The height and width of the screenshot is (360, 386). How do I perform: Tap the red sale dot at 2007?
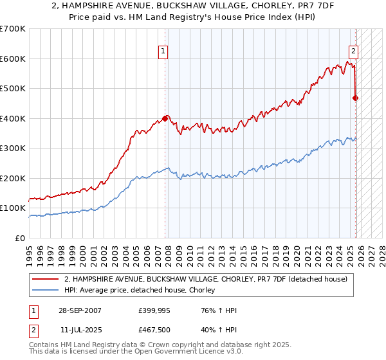pyautogui.click(x=165, y=118)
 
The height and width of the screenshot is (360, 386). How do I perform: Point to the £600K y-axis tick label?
pyautogui.click(x=13, y=59)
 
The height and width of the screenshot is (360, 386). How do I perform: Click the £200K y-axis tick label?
pyautogui.click(x=13, y=178)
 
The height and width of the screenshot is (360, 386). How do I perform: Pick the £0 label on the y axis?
pyautogui.click(x=21, y=238)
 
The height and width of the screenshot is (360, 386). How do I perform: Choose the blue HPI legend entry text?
pyautogui.click(x=142, y=290)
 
